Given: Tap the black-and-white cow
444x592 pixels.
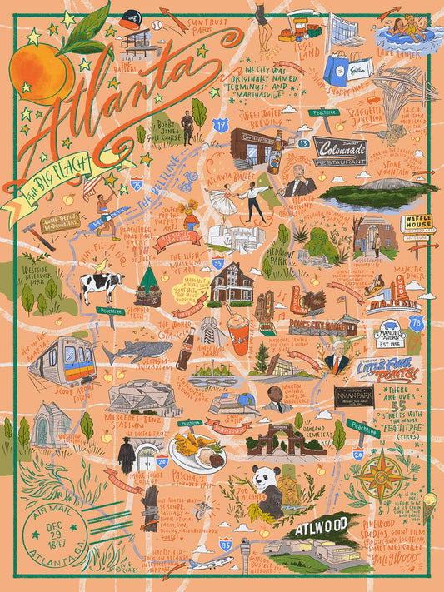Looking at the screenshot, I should click(102, 287).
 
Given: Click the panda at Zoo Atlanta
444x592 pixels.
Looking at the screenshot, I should click(268, 487).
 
